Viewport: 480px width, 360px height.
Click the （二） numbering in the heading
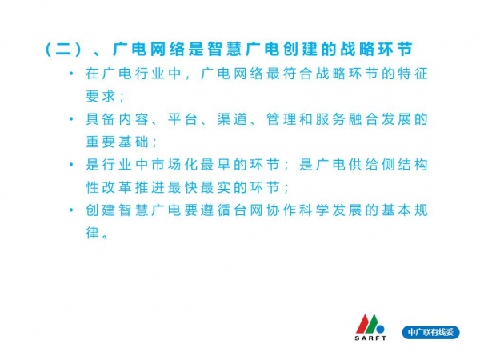click(64, 50)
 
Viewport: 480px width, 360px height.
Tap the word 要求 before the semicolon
click(101, 97)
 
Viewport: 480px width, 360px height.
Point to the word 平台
click(182, 119)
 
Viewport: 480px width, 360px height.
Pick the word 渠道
click(232, 119)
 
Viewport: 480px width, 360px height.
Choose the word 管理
click(282, 119)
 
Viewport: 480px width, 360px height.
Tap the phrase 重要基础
click(118, 142)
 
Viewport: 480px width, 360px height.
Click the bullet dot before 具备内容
click(72, 119)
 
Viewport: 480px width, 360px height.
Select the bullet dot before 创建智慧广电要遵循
click(72, 210)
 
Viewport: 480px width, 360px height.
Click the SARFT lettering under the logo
click(370, 338)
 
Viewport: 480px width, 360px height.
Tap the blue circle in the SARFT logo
click(381, 330)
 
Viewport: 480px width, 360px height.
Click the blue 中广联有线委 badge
click(430, 332)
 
